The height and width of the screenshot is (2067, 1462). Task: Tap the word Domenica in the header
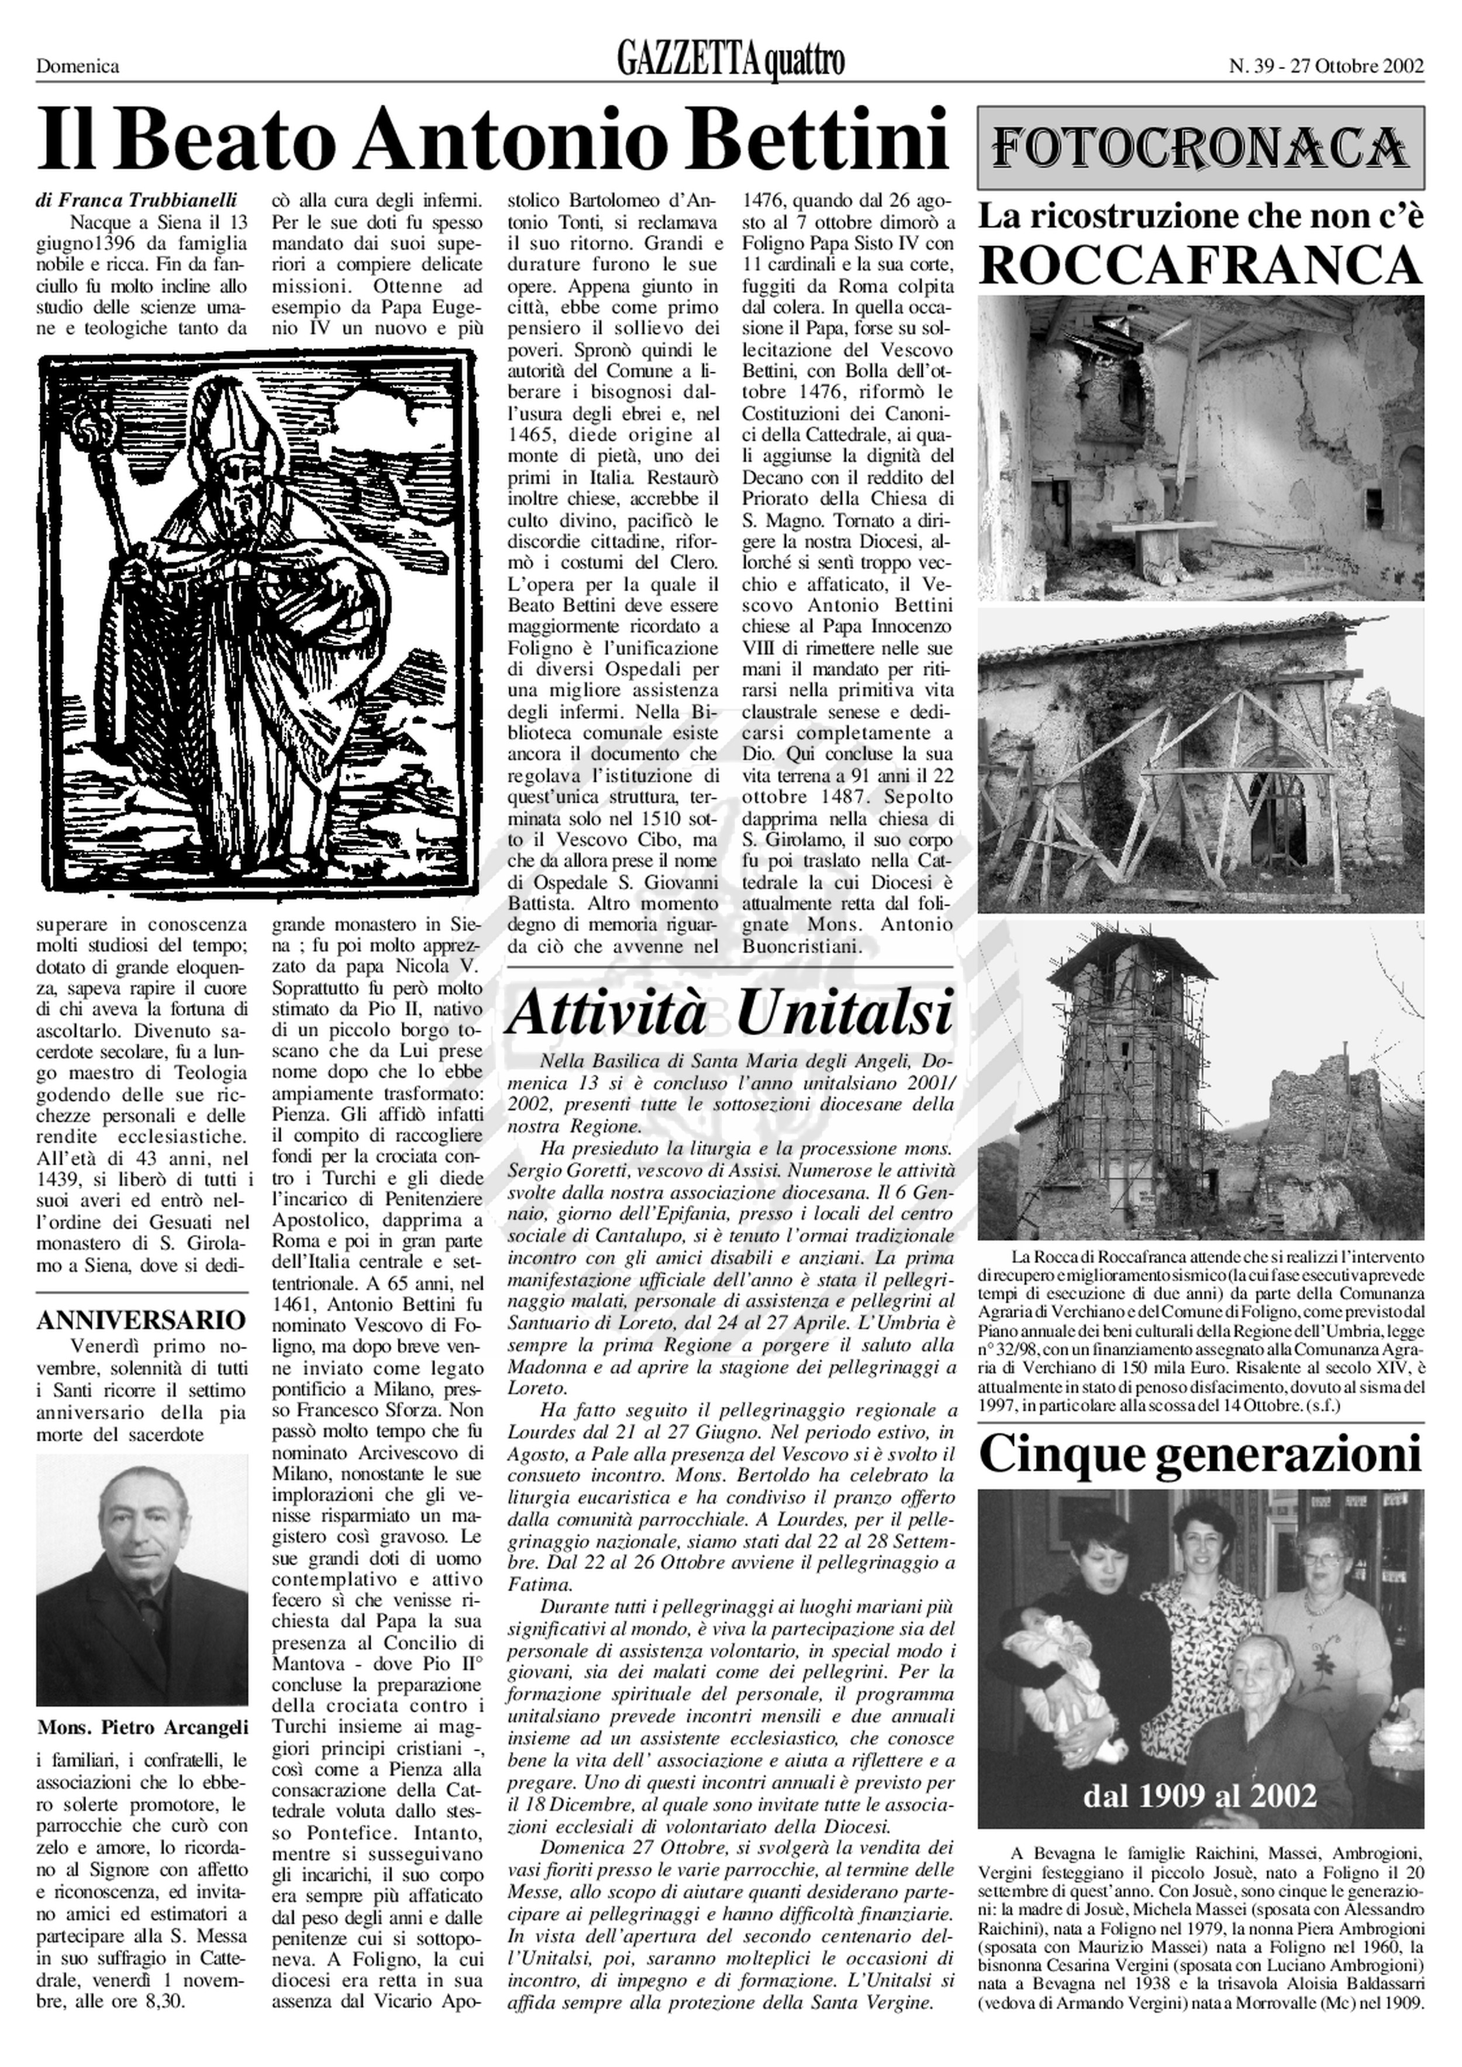point(77,65)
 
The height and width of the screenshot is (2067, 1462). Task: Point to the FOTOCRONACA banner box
point(1201,146)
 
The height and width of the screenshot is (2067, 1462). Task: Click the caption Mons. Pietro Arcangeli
point(142,1727)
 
